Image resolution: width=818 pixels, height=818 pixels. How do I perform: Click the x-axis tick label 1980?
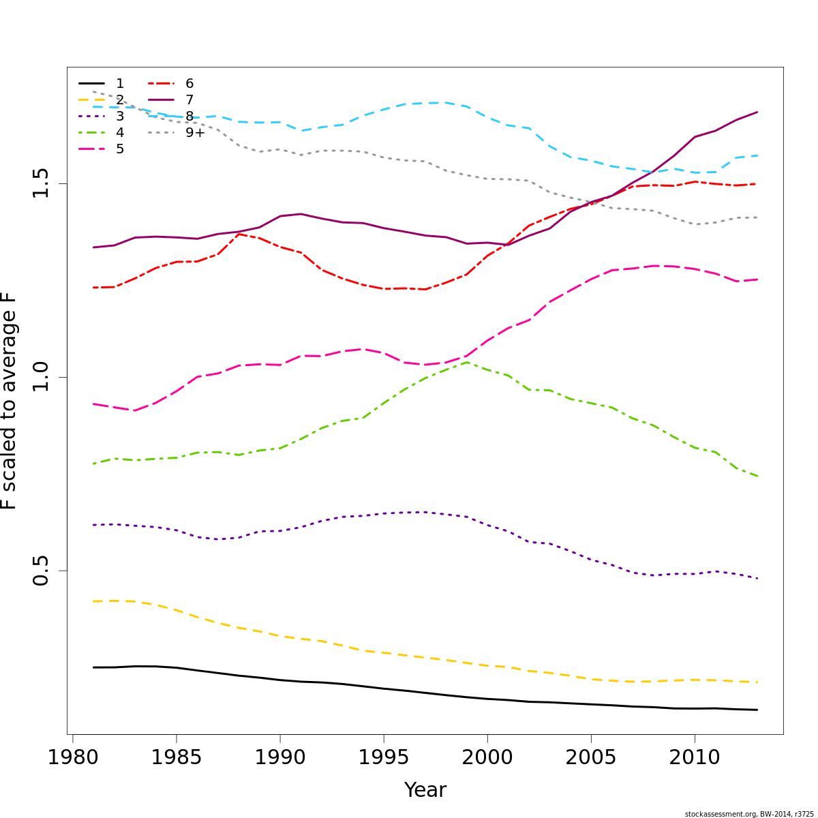(72, 757)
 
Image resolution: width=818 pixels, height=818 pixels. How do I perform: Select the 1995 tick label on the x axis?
(383, 757)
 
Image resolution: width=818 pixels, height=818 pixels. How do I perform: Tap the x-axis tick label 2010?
(695, 757)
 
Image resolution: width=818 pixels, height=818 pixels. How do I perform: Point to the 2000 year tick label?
(487, 757)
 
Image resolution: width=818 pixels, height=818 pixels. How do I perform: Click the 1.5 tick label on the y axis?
(41, 183)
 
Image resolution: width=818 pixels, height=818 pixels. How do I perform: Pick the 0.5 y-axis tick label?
(41, 571)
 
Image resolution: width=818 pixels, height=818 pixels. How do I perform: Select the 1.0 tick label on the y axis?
(41, 377)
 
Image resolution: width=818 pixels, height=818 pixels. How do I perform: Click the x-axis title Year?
(425, 790)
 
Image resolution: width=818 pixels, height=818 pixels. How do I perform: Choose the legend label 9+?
(195, 133)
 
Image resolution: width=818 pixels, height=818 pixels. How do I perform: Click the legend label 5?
(120, 149)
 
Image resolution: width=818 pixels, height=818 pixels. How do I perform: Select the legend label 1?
(120, 84)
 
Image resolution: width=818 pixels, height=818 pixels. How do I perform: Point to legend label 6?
(190, 84)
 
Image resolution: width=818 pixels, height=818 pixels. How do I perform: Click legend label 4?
(120, 133)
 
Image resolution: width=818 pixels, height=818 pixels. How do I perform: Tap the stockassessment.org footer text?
(749, 814)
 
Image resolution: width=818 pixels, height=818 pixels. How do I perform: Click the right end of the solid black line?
(757, 710)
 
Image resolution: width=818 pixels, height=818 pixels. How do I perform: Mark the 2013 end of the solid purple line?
(757, 112)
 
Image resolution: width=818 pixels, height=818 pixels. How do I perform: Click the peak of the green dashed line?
(466, 362)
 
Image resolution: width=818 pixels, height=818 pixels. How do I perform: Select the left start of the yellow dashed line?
(93, 601)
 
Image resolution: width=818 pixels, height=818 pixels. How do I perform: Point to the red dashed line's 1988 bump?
(239, 234)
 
